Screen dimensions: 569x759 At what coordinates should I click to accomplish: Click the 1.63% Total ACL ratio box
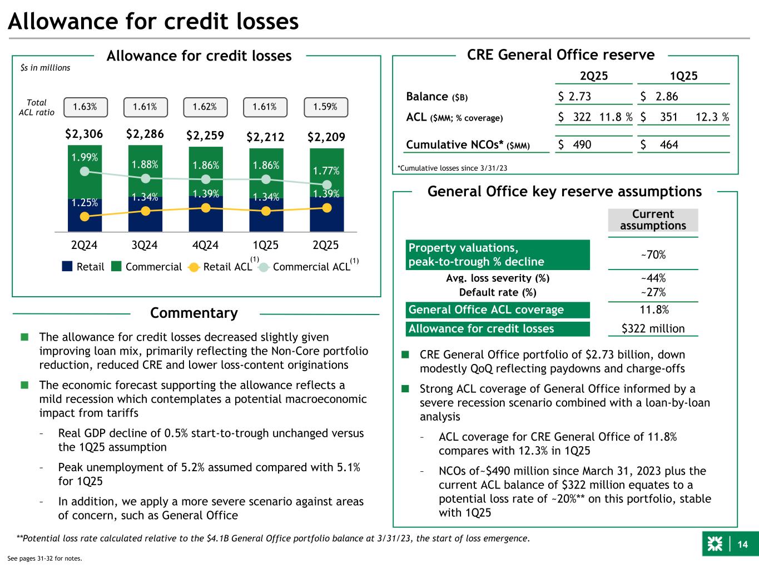[85, 107]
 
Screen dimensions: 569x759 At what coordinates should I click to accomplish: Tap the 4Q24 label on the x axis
[206, 245]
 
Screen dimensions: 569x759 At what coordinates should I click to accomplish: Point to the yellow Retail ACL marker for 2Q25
[327, 208]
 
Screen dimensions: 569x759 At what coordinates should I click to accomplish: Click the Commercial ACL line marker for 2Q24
[85, 171]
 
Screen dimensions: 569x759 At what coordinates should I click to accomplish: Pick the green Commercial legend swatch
[116, 267]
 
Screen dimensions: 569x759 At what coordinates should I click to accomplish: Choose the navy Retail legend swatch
[67, 267]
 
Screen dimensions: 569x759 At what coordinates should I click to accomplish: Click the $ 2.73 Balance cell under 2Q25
[575, 96]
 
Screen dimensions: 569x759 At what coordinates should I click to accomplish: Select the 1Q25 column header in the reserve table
[683, 76]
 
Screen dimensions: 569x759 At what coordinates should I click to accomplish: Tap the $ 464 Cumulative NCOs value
[659, 144]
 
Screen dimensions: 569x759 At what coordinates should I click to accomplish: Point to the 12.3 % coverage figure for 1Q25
[712, 118]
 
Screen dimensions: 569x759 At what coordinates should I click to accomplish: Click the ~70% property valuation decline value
[653, 255]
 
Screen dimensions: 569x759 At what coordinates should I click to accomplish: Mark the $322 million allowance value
[653, 328]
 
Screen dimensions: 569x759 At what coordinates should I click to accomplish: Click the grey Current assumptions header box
[653, 220]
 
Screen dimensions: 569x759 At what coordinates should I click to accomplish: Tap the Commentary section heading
[194, 313]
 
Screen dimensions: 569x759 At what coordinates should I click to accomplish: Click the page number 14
[742, 545]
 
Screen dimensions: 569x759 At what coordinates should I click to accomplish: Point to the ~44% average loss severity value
[653, 278]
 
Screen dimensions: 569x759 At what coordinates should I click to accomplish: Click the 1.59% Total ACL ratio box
[325, 107]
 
